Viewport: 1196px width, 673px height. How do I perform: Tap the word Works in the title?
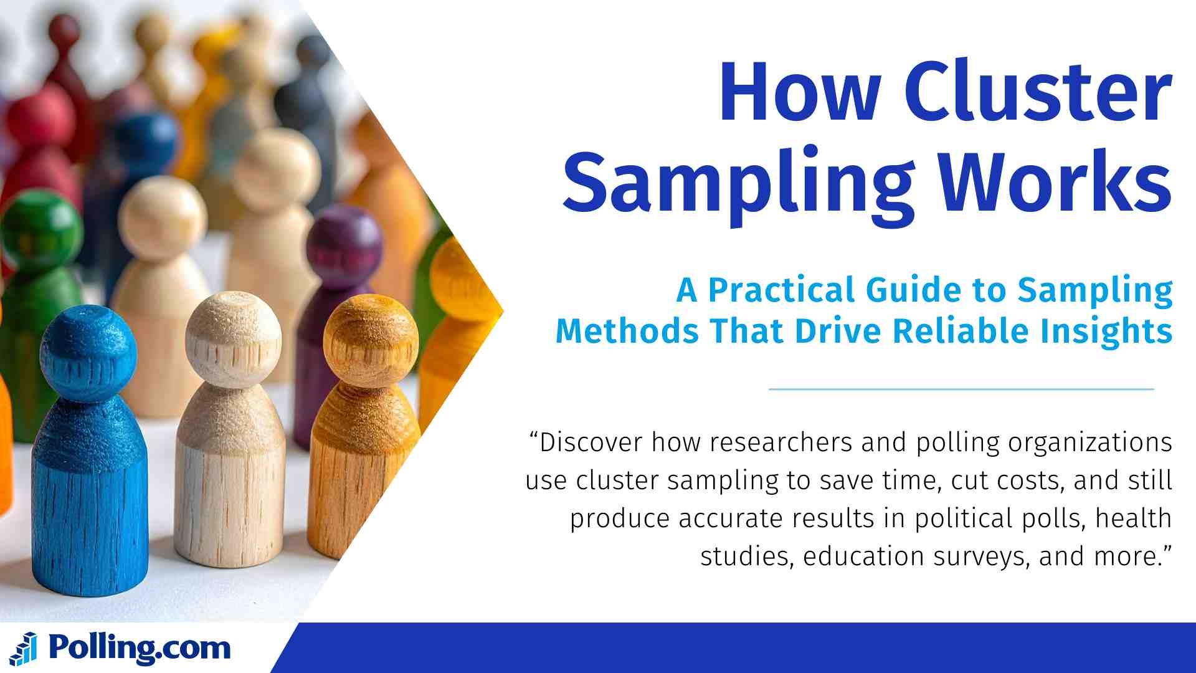[x=1055, y=181]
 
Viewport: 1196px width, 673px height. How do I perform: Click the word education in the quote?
[x=863, y=556]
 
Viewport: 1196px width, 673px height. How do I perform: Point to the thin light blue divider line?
[x=962, y=389]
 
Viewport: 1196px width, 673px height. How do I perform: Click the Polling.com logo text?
[x=140, y=649]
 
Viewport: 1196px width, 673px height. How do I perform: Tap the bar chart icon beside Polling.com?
[x=24, y=649]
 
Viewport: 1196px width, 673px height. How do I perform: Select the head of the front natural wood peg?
[x=234, y=340]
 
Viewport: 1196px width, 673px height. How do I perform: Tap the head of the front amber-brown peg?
[x=371, y=340]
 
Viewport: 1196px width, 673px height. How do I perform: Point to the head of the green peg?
[x=39, y=231]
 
